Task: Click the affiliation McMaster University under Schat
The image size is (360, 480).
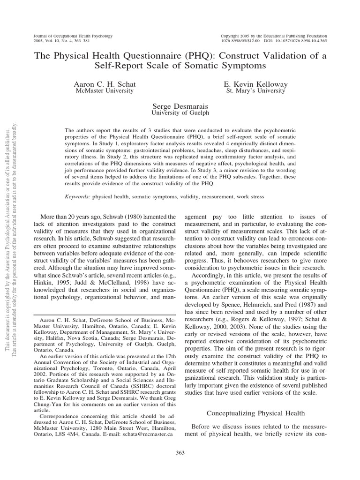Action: (105, 91)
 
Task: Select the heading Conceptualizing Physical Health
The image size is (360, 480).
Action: (256, 413)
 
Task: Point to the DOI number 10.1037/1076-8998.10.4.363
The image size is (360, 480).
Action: (296, 41)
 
